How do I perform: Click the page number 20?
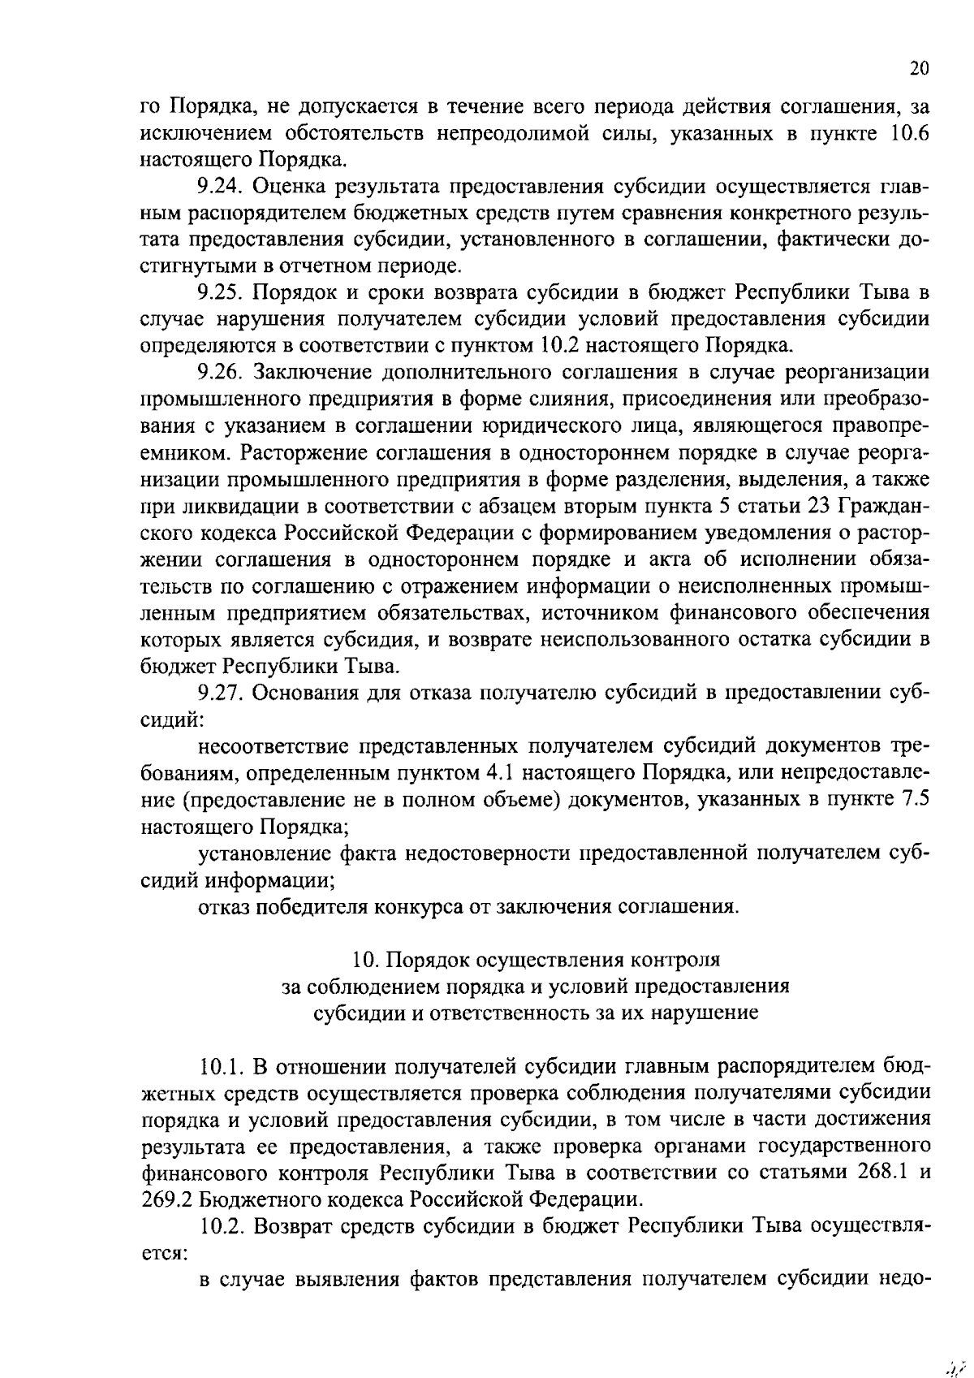(918, 69)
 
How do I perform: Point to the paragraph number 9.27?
(220, 692)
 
